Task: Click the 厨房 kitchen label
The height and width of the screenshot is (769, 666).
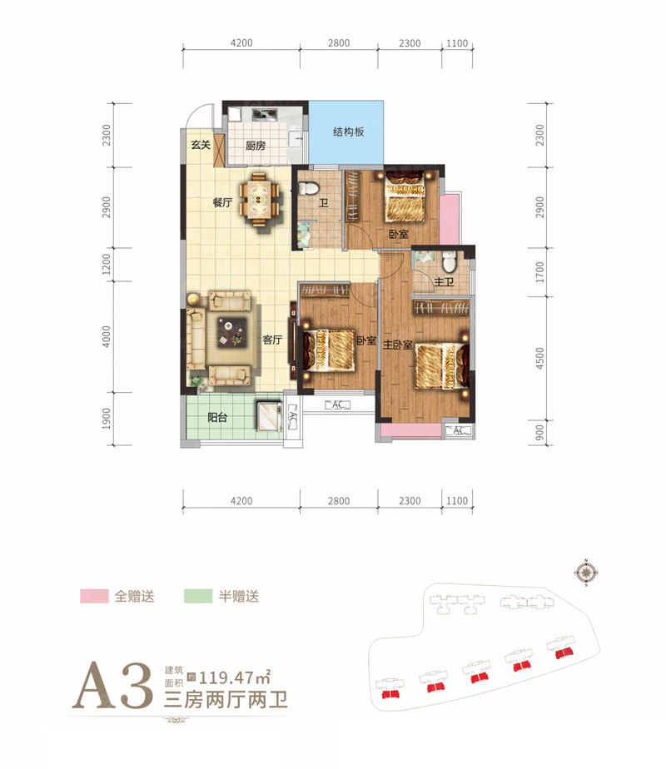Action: point(256,146)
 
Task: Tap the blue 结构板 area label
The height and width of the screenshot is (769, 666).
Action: point(349,131)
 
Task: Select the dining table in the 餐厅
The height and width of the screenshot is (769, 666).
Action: point(259,199)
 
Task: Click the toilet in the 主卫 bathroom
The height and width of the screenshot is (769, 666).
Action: point(450,262)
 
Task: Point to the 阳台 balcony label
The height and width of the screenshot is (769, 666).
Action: point(217,417)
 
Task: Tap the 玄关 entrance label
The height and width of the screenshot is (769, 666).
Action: point(201,145)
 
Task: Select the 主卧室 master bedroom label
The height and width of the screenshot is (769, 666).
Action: point(398,345)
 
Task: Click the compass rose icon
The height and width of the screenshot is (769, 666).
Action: point(586,573)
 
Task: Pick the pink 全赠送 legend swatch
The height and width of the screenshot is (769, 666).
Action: point(94,596)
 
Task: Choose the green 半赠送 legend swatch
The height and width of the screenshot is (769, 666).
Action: point(198,596)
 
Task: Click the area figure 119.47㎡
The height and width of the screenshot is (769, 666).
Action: point(235,677)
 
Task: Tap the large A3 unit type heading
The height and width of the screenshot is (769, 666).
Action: point(112,686)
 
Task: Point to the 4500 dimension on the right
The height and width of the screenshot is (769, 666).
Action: point(540,358)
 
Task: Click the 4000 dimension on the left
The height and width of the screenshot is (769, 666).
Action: point(107,337)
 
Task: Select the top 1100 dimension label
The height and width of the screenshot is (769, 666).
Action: point(457,43)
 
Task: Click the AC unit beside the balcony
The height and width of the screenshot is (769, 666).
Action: point(292,417)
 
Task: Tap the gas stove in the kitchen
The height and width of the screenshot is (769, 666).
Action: point(265,114)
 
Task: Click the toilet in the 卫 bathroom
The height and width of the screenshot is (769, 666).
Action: point(308,188)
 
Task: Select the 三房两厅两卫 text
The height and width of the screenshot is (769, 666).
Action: point(226,700)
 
